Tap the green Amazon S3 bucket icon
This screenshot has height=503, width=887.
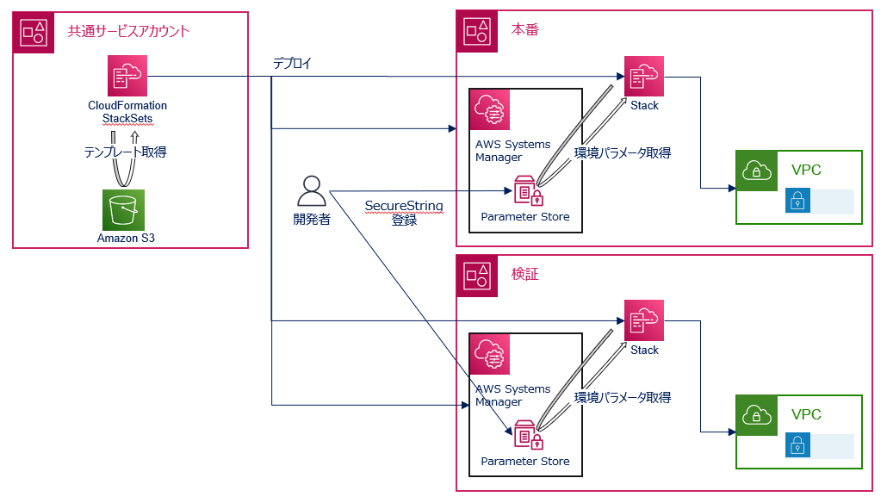point(121,209)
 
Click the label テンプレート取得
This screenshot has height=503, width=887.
point(125,152)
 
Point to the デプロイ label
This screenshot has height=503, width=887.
point(292,64)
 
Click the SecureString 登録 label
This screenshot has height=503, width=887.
point(404,213)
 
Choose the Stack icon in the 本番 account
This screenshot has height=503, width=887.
point(644,76)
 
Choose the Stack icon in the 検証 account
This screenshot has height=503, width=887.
point(644,320)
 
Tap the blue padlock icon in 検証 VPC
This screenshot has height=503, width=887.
point(797,446)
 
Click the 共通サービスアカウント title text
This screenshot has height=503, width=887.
point(128,31)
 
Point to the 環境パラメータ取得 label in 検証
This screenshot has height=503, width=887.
point(622,397)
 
